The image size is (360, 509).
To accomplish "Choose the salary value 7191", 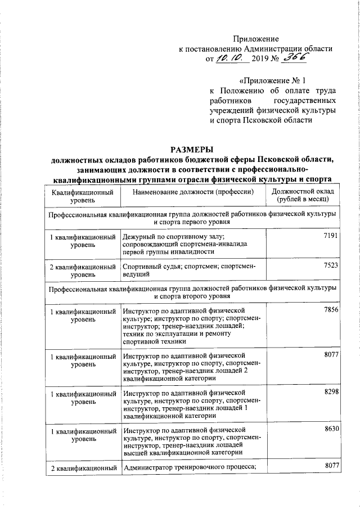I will point(332,237).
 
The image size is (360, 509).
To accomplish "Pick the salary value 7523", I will point(332,265).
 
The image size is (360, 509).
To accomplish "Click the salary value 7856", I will point(332,310).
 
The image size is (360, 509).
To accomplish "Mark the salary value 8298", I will point(332,391).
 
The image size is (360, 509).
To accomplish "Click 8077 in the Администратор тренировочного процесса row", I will point(332,466).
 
